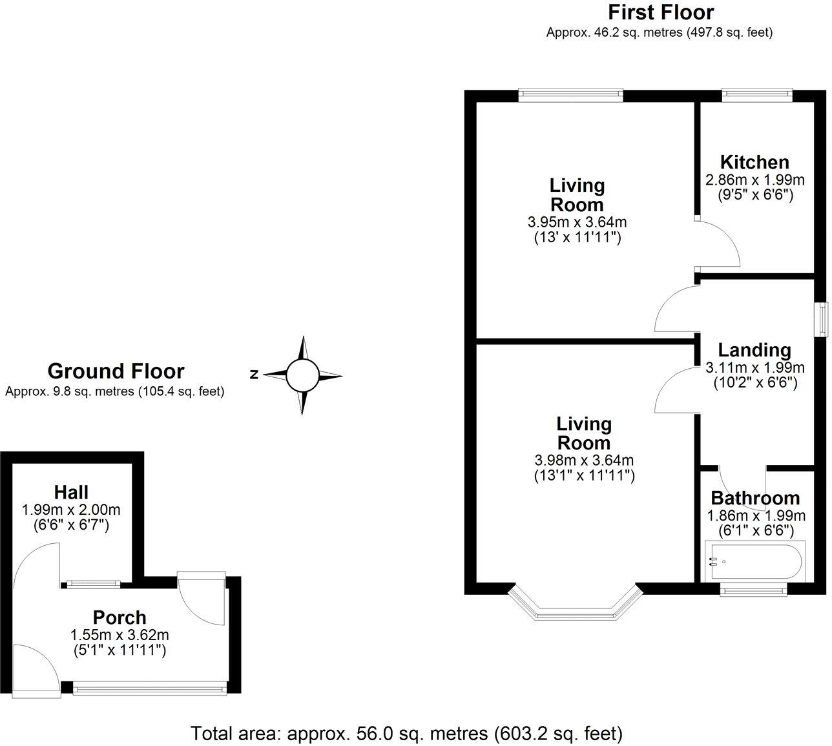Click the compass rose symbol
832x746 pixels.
coord(302,375)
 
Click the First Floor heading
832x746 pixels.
coord(660,12)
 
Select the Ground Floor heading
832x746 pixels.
coord(116,371)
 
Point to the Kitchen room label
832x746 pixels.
coord(754,162)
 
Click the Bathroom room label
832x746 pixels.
coord(755,498)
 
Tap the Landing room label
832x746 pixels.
coord(754,350)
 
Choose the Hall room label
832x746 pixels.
coord(71,492)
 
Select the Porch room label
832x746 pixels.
coord(120,617)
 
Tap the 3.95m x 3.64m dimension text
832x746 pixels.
coord(577,222)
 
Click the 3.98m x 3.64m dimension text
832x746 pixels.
coord(584,461)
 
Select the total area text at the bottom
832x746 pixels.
coord(407,734)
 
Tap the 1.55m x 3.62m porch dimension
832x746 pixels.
coord(120,635)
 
